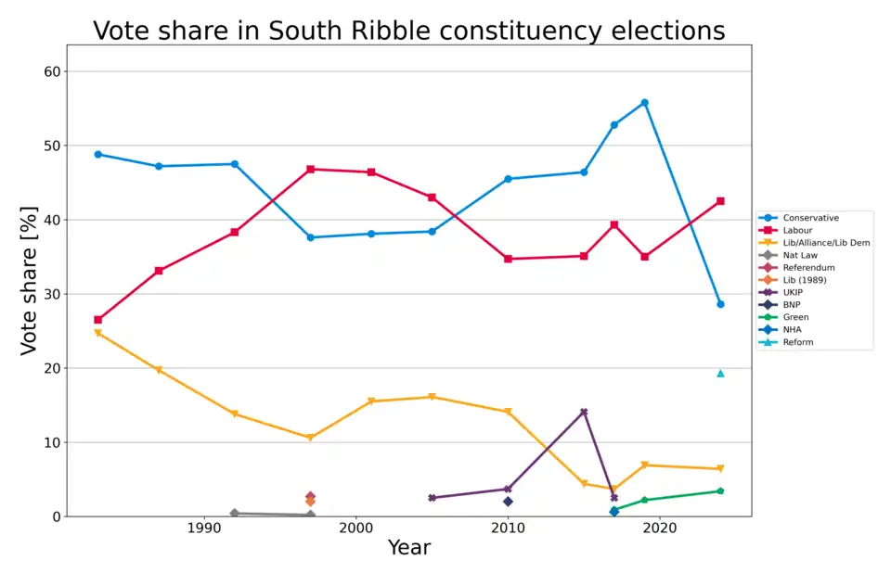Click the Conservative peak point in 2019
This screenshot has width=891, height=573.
click(644, 103)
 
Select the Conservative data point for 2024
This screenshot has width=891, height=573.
click(720, 304)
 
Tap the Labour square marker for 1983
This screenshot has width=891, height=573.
click(98, 320)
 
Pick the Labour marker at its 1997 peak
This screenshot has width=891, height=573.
click(310, 170)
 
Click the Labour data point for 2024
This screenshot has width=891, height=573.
click(720, 201)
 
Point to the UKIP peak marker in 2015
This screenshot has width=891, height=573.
click(584, 412)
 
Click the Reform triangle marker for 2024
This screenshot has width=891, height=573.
click(720, 373)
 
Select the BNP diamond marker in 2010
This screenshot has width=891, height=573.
click(508, 502)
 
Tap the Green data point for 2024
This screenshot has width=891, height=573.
click(720, 491)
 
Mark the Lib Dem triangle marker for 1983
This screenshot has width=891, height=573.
click(98, 333)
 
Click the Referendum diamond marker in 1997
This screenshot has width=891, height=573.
click(310, 496)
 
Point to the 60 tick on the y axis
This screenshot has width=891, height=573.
click(52, 71)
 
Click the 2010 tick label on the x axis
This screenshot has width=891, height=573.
click(508, 528)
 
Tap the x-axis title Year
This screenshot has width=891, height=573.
click(408, 548)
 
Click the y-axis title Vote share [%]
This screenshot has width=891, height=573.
click(30, 281)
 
